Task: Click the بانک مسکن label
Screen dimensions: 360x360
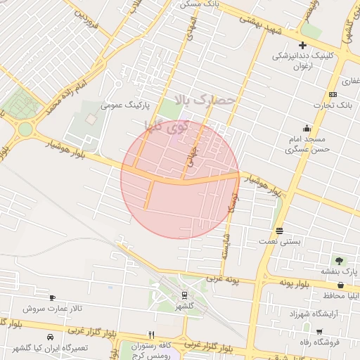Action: point(199,4)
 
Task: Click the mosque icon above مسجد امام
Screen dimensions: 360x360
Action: point(307,128)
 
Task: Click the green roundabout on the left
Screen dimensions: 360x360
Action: point(25,129)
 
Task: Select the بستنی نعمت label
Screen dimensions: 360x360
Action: point(281,241)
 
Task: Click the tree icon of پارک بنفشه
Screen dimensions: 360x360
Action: point(340,261)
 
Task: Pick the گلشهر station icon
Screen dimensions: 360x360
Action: point(184,295)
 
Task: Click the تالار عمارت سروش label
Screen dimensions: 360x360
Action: point(52,308)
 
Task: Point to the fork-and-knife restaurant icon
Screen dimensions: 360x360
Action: point(151,335)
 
